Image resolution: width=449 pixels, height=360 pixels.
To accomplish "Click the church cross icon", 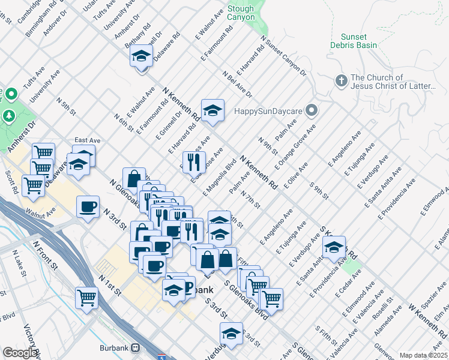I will point(341,81).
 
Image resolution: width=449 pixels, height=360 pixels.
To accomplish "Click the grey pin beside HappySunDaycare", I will point(311,110).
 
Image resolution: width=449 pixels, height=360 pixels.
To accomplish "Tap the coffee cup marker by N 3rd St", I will point(88,207).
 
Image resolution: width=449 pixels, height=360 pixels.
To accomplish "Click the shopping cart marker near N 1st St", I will point(86,296).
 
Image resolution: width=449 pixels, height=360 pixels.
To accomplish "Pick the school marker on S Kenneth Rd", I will point(334,247).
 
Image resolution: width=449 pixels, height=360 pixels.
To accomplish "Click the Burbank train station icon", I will point(136,347).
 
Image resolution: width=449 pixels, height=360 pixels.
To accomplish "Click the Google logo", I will point(20,353).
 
